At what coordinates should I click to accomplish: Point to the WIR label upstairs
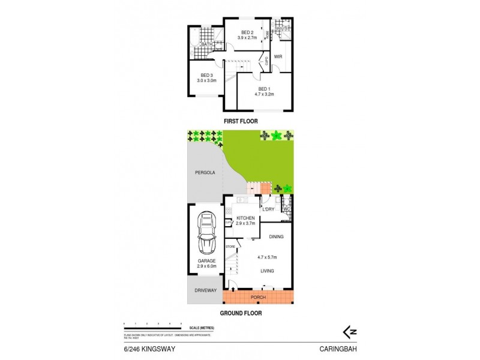[278, 57]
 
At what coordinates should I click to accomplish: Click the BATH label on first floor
[206, 44]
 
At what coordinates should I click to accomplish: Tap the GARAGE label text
[206, 261]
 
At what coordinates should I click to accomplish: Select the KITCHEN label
[246, 218]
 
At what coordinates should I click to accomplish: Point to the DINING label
[277, 237]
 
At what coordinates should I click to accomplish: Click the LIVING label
[268, 271]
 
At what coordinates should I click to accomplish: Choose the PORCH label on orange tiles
[258, 298]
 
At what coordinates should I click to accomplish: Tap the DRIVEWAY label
[205, 290]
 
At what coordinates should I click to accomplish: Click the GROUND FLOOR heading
[239, 313]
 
